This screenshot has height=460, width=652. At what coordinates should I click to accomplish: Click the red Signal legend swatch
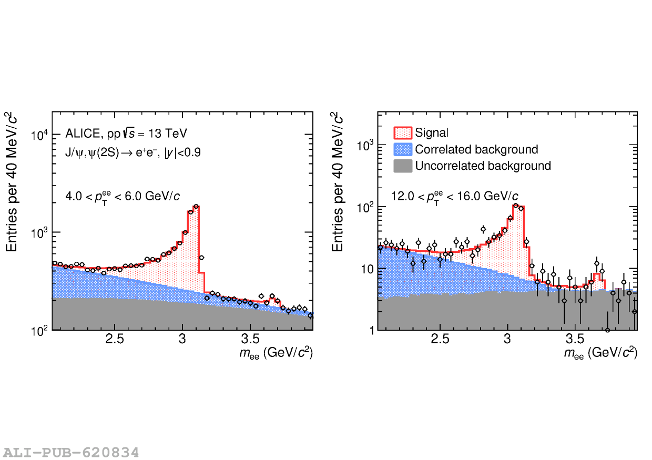click(403, 133)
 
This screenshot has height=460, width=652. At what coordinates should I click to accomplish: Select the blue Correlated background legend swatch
click(403, 149)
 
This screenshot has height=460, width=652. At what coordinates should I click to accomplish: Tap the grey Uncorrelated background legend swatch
click(403, 166)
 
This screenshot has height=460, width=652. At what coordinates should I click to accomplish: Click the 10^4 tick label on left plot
click(38, 135)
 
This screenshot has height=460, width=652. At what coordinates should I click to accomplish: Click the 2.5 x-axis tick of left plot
click(115, 338)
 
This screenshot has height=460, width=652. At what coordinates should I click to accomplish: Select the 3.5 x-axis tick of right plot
click(575, 338)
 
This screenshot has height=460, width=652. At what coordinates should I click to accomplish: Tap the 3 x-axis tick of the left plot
click(182, 338)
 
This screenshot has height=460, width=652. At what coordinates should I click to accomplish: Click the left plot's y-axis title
click(12, 182)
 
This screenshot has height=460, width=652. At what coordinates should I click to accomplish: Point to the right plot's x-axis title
click(600, 353)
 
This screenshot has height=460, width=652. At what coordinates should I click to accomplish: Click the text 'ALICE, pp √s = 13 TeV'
click(126, 134)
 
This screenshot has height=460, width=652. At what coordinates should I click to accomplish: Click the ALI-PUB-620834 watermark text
click(71, 452)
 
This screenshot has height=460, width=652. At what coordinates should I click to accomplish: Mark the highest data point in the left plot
click(196, 207)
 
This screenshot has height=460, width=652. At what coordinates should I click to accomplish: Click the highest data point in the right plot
click(516, 206)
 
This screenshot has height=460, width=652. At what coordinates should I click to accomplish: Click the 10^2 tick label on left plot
click(38, 331)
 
